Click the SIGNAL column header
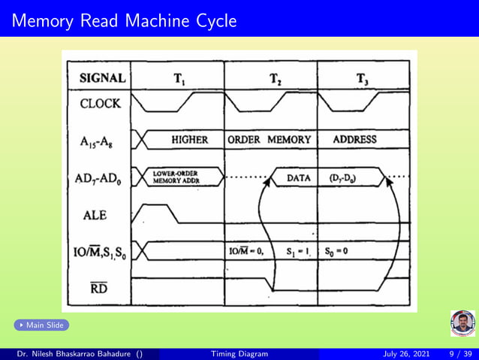point(102,77)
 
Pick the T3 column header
point(363,77)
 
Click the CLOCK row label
point(101,104)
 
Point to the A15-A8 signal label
point(100,141)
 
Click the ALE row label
point(95,215)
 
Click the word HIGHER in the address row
point(189,139)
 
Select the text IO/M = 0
point(248,250)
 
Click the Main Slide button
point(41,325)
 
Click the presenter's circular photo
point(462,323)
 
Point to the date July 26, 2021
point(408,354)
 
